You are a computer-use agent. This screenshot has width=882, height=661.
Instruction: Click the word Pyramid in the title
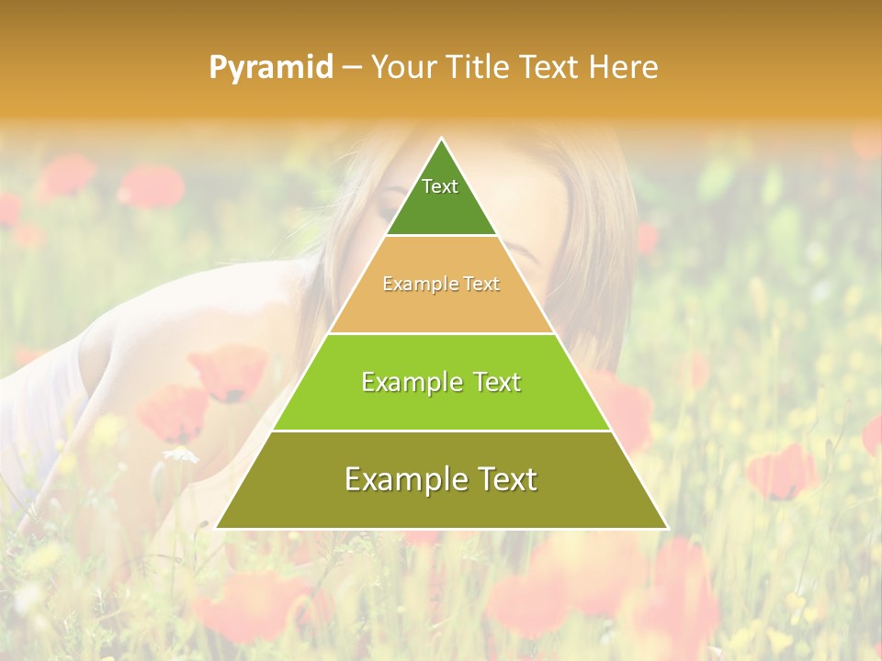point(271,68)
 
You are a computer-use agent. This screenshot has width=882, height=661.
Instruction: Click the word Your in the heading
point(401,68)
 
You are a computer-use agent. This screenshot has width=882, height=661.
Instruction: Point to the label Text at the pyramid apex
point(440,186)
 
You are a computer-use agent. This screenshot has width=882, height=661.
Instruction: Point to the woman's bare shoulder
point(138,321)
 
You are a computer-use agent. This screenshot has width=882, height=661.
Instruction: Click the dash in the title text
point(352,68)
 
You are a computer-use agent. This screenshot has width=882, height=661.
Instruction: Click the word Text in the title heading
point(550,68)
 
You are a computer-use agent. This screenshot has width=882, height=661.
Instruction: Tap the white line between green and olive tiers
point(441,431)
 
